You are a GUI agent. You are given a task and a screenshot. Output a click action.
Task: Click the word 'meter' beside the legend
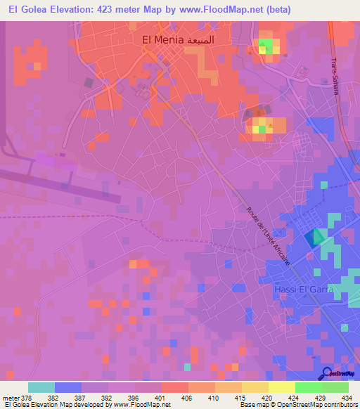(10, 398)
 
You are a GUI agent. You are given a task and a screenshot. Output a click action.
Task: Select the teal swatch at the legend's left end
(41, 387)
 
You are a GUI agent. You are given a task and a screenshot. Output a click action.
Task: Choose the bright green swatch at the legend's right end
(335, 387)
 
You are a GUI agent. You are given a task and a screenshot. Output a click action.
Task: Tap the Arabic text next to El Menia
(209, 41)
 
